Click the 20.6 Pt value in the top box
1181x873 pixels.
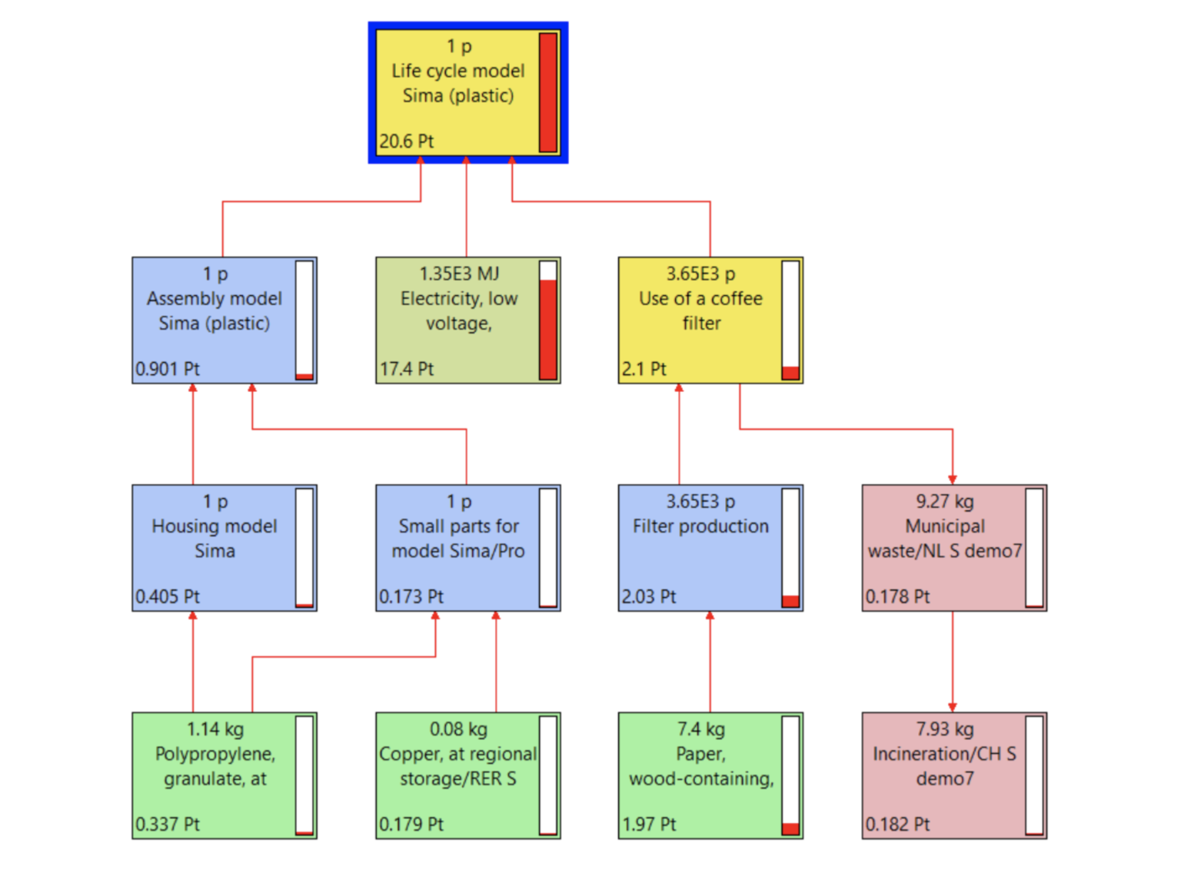pos(407,141)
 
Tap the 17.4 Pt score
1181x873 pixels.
pos(407,369)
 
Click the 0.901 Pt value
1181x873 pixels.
pos(168,369)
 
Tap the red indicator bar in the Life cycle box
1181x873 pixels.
pos(548,92)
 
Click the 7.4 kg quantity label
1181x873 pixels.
pos(700,729)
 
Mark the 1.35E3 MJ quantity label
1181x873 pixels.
pos(459,274)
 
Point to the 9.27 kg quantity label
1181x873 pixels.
pos(945,502)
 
